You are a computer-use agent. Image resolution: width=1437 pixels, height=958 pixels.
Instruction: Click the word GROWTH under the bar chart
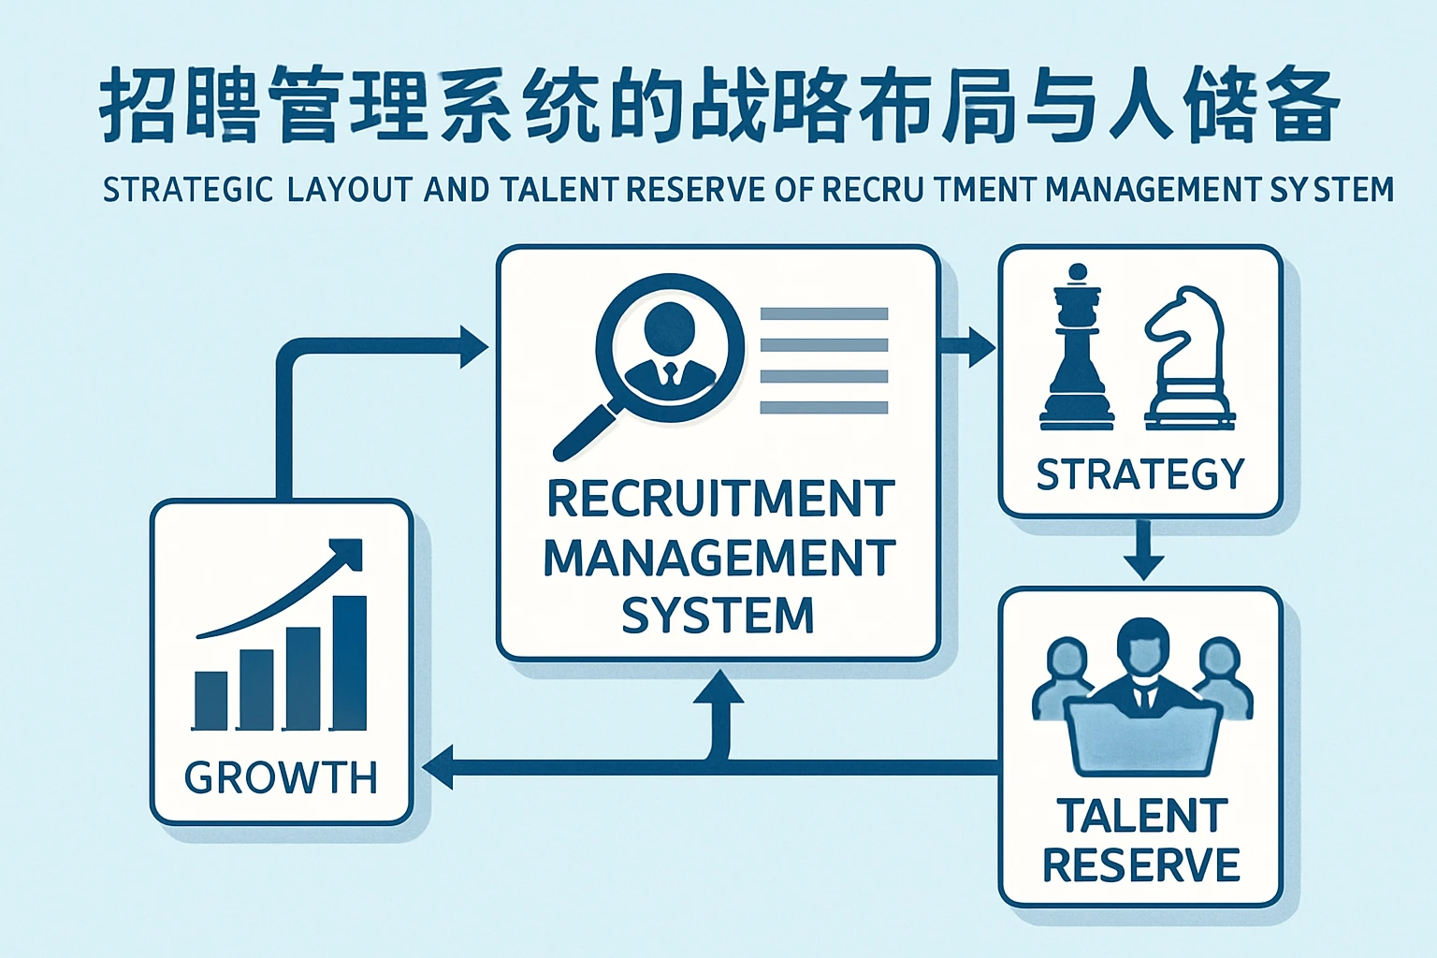(x=281, y=777)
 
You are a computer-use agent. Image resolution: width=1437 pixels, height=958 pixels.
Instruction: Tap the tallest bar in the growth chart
(x=350, y=661)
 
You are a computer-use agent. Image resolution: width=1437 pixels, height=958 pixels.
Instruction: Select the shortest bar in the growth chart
(x=210, y=699)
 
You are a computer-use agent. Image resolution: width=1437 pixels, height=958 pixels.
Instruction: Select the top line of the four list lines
(x=823, y=314)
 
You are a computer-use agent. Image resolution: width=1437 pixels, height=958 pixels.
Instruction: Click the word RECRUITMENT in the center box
(x=719, y=499)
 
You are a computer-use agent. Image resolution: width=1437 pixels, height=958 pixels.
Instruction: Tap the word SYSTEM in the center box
(x=718, y=616)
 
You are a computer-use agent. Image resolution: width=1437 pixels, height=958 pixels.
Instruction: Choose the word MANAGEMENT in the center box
(x=719, y=558)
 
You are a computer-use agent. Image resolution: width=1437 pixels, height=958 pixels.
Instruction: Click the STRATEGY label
(x=1140, y=474)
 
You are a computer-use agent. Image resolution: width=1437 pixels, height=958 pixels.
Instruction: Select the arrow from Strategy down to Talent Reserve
(x=1143, y=552)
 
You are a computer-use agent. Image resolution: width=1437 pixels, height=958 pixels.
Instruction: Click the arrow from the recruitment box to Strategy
(x=969, y=346)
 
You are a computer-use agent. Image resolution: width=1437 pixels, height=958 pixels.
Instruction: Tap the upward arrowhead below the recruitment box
(x=719, y=689)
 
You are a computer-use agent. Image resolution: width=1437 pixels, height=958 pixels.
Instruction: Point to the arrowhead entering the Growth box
(x=438, y=767)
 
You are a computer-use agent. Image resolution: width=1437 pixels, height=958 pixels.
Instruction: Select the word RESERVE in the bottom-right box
(x=1141, y=864)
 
